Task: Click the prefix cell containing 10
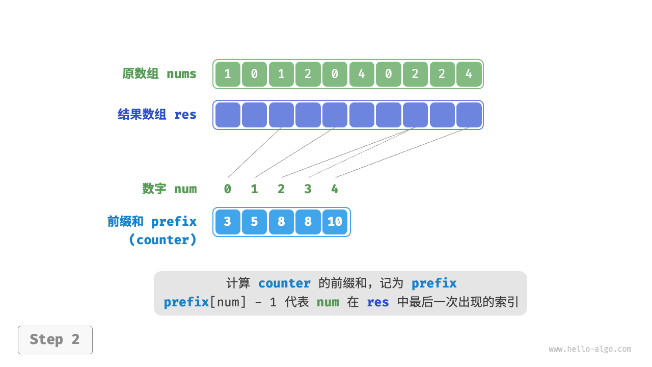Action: tap(335, 222)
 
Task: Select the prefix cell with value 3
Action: tap(228, 222)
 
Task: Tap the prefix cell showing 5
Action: tap(254, 222)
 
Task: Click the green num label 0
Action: tap(228, 189)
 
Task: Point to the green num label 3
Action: tap(308, 189)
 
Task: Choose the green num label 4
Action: tap(335, 189)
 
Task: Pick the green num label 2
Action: tap(281, 189)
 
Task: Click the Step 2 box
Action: tap(55, 339)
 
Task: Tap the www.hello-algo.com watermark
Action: tap(590, 349)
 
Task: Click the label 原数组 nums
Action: tap(159, 74)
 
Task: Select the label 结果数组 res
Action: tap(157, 115)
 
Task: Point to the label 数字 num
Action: tap(169, 189)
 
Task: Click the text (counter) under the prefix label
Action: tap(162, 240)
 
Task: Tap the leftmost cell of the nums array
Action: tap(228, 74)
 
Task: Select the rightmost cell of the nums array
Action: tap(469, 74)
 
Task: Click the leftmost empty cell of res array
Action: tap(228, 115)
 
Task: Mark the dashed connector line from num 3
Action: tap(362, 152)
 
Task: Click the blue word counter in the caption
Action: tap(284, 283)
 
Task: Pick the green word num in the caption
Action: tap(328, 302)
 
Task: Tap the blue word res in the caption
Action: tap(378, 302)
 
